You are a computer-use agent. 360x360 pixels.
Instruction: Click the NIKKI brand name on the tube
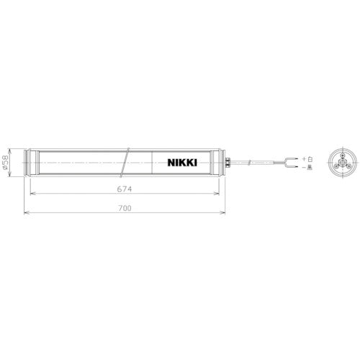click(x=182, y=163)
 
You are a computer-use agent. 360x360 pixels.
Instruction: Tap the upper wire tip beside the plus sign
click(x=292, y=158)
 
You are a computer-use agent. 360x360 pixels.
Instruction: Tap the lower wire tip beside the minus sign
click(x=292, y=168)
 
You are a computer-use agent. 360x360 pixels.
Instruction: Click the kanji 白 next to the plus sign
click(x=310, y=158)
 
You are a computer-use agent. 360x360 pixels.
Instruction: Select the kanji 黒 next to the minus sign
click(x=310, y=168)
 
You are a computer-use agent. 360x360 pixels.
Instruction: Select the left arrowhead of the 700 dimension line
click(x=26, y=213)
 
